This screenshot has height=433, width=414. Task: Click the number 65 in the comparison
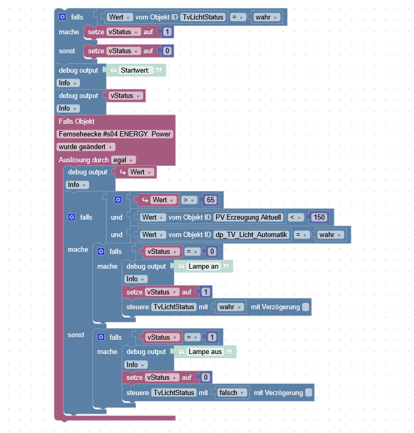211,200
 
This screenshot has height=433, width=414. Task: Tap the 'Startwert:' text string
136,70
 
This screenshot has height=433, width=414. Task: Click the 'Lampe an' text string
203,267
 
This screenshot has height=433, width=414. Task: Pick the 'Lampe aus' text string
205,352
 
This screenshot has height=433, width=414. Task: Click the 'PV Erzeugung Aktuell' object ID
249,217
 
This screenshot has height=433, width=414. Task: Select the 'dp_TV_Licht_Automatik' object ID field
252,234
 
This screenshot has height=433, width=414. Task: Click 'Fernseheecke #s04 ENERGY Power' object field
115,134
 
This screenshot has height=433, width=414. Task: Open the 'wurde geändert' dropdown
86,147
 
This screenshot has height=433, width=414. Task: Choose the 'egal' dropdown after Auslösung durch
123,160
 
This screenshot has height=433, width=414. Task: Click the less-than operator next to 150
294,217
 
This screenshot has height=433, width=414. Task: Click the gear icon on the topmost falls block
63,17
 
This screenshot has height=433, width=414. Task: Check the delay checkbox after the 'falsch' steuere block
309,392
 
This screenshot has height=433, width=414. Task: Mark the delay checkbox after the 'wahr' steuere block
305,307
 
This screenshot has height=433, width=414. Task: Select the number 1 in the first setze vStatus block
167,32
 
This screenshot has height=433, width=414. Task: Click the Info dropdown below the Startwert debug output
68,83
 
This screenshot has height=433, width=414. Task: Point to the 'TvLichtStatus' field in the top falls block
203,17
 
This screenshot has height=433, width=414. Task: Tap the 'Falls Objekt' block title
76,121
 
